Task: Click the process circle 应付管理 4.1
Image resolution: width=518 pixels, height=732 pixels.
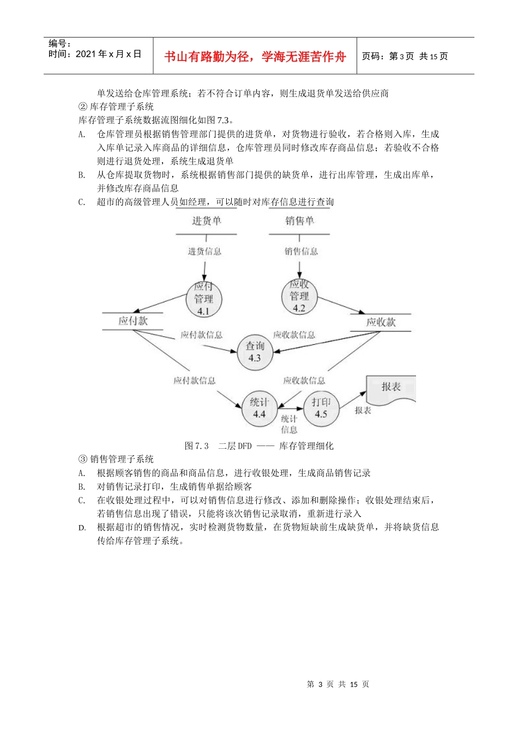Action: coord(204,299)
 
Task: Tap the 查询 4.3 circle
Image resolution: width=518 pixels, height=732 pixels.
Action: coord(255,352)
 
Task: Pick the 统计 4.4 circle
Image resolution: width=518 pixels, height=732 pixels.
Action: coord(260,408)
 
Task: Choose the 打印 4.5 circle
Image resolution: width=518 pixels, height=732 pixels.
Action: coord(321,408)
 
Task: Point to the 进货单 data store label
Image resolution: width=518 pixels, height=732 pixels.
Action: coord(206,221)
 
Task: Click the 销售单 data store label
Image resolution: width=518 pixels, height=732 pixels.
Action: coord(299,221)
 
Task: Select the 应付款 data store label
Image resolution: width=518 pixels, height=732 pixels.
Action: coord(132,321)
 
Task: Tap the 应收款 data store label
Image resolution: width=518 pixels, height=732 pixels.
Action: coord(381,322)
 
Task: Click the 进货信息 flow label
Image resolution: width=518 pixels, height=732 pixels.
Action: coord(204,251)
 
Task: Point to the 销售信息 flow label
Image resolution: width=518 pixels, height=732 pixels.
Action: coord(301,251)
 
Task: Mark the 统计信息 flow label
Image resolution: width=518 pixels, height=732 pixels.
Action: coord(289,424)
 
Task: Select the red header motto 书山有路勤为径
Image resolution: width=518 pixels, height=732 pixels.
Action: coord(255,57)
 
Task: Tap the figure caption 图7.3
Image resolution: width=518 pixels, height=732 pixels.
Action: coord(197,446)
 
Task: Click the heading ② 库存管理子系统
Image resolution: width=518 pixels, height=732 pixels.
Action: coord(116,107)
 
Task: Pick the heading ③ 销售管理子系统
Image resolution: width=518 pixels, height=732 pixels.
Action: coord(116,459)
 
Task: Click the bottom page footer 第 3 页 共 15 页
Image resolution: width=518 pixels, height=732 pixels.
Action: coord(338,684)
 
